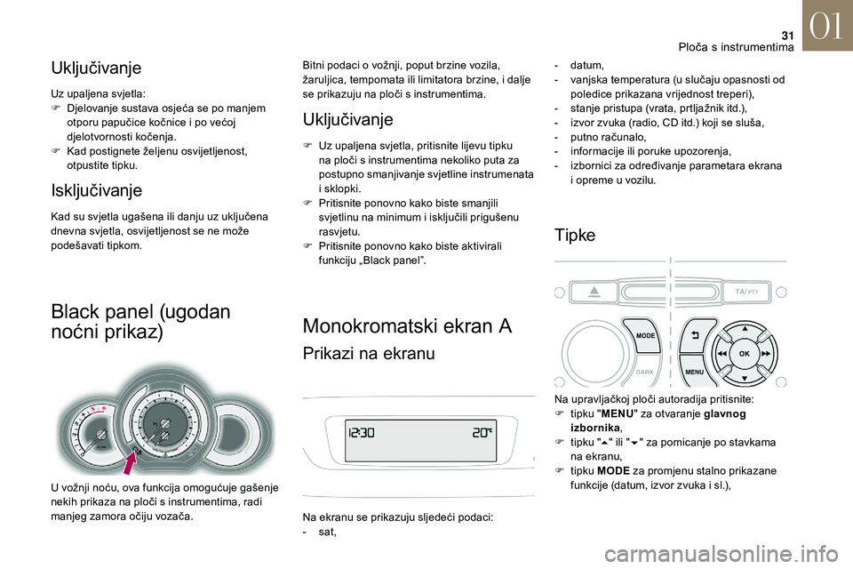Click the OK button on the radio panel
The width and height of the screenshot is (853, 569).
coord(745,353)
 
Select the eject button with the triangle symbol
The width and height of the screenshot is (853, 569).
coord(594,292)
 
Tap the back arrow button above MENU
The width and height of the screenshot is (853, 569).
coord(695,336)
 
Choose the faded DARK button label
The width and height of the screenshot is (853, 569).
coord(645,373)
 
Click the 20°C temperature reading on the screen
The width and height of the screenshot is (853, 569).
coord(481,433)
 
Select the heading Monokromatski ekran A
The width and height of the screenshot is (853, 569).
coord(407,326)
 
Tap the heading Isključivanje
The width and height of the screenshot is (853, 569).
coord(96,189)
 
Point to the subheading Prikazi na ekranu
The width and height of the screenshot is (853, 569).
coord(369,354)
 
